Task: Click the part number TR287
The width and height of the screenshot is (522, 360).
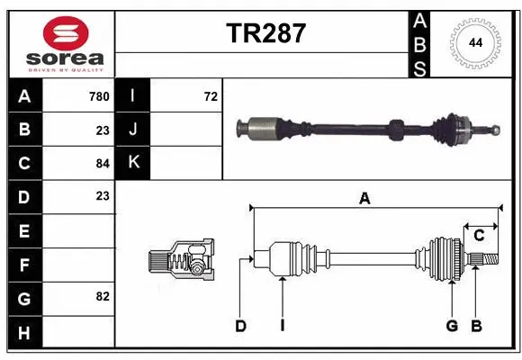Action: pos(265,33)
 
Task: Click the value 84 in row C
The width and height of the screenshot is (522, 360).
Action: pos(103,163)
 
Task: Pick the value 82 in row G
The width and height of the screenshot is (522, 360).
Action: pos(103,295)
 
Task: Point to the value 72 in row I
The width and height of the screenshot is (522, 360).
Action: pos(211,96)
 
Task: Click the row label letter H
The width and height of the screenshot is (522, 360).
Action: pos(23,334)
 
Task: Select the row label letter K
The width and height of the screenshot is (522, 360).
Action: pos(133,163)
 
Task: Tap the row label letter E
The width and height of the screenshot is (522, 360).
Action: pos(23,231)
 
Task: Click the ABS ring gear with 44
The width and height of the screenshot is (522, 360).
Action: pos(472,43)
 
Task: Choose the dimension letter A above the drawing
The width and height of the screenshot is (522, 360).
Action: pos(364,199)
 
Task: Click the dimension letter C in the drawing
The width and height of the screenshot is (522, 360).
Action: pos(480,236)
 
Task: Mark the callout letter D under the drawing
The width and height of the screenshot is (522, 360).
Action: pos(241,326)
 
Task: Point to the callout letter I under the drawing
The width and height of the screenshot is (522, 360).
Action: pos(282,326)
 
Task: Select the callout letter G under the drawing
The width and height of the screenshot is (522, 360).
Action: pos(452,326)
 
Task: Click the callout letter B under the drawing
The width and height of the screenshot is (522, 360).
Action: pos(476,326)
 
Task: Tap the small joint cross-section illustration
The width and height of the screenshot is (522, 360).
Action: pos(180,261)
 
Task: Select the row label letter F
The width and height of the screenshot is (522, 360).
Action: pos(23,265)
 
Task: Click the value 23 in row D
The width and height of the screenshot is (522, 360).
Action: pos(103,195)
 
